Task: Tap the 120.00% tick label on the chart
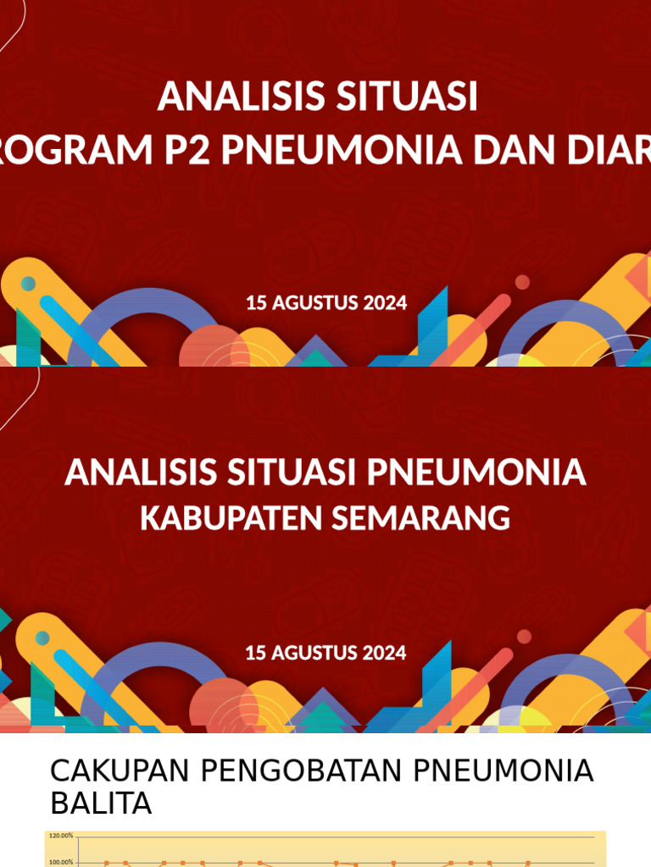(x=62, y=836)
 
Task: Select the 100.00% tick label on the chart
(x=62, y=863)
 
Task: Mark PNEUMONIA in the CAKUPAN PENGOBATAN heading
(x=504, y=771)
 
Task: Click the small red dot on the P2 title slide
(x=522, y=282)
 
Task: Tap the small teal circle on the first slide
(x=29, y=283)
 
